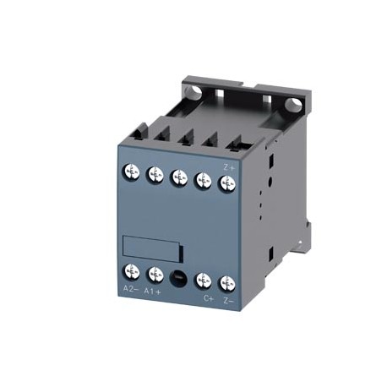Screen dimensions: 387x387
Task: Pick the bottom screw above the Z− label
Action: point(226,281)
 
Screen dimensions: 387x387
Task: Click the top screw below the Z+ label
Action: point(226,183)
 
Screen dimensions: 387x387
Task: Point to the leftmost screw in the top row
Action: point(132,173)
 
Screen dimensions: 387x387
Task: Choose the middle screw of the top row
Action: point(178,177)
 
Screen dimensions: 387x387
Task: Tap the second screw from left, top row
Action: point(155,175)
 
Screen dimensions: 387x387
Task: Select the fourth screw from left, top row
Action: point(203,180)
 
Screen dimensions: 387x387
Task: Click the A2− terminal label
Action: point(131,289)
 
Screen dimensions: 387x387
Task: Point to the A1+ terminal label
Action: point(154,292)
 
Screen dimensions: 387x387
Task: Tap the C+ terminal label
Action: point(206,297)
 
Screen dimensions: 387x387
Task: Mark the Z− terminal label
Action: point(228,299)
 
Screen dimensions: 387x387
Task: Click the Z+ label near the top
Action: point(228,166)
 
